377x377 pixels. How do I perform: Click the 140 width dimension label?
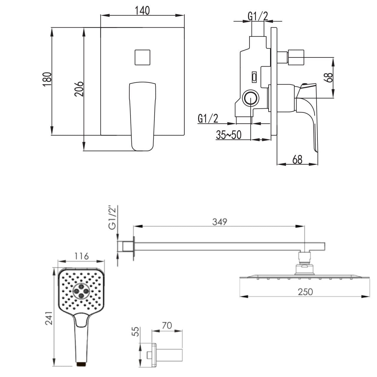(x=142, y=11)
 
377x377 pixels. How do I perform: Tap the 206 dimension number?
(x=79, y=89)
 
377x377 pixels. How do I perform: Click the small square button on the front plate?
(x=143, y=57)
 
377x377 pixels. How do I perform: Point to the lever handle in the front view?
(x=143, y=116)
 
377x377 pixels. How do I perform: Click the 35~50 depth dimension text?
(x=229, y=135)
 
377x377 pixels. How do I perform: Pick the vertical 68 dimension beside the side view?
(x=328, y=77)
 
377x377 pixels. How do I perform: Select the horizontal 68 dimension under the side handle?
(x=297, y=159)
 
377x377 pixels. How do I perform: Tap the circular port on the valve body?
(x=251, y=98)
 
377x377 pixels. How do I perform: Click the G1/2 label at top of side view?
(x=258, y=16)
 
